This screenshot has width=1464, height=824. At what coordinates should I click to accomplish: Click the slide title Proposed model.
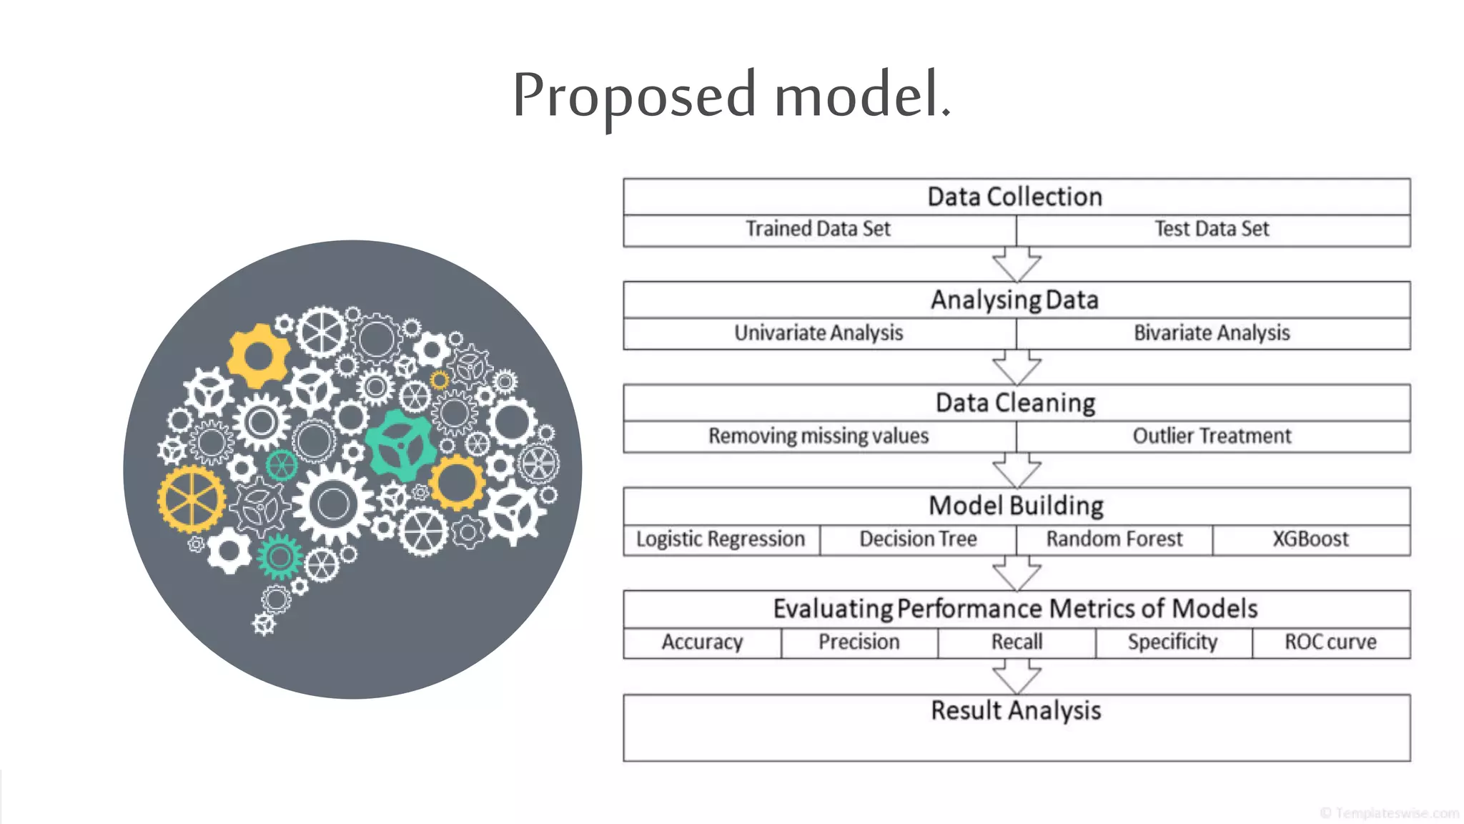731,95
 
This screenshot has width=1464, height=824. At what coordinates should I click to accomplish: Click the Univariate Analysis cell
819,333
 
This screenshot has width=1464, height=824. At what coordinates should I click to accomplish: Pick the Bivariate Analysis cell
1212,333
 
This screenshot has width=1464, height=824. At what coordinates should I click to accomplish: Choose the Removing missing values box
819,436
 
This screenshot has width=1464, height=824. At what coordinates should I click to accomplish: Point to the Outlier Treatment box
1212,436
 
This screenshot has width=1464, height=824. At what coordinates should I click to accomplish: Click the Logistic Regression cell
721,539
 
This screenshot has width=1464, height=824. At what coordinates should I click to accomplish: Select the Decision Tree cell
918,539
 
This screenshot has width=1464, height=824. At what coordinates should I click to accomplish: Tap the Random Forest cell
1114,539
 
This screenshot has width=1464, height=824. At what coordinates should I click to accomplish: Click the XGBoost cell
1311,539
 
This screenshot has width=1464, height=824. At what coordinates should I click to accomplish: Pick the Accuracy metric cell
702,642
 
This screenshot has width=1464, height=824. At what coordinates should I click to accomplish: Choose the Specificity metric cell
1173,642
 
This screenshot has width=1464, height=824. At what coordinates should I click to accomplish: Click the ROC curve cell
1330,642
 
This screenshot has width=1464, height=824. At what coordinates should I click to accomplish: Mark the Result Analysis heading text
1016,711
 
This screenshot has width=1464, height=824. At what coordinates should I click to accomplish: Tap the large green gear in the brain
400,446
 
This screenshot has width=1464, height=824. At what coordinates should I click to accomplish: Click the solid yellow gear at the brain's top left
258,355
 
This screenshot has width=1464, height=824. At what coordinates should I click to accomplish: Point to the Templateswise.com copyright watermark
1389,813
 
